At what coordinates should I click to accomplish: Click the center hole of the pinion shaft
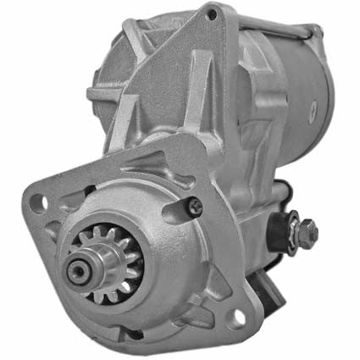pyautogui.click(x=78, y=270)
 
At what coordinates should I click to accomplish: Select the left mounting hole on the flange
pyautogui.click(x=35, y=202)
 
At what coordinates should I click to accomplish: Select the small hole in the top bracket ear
pyautogui.click(x=211, y=16)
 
